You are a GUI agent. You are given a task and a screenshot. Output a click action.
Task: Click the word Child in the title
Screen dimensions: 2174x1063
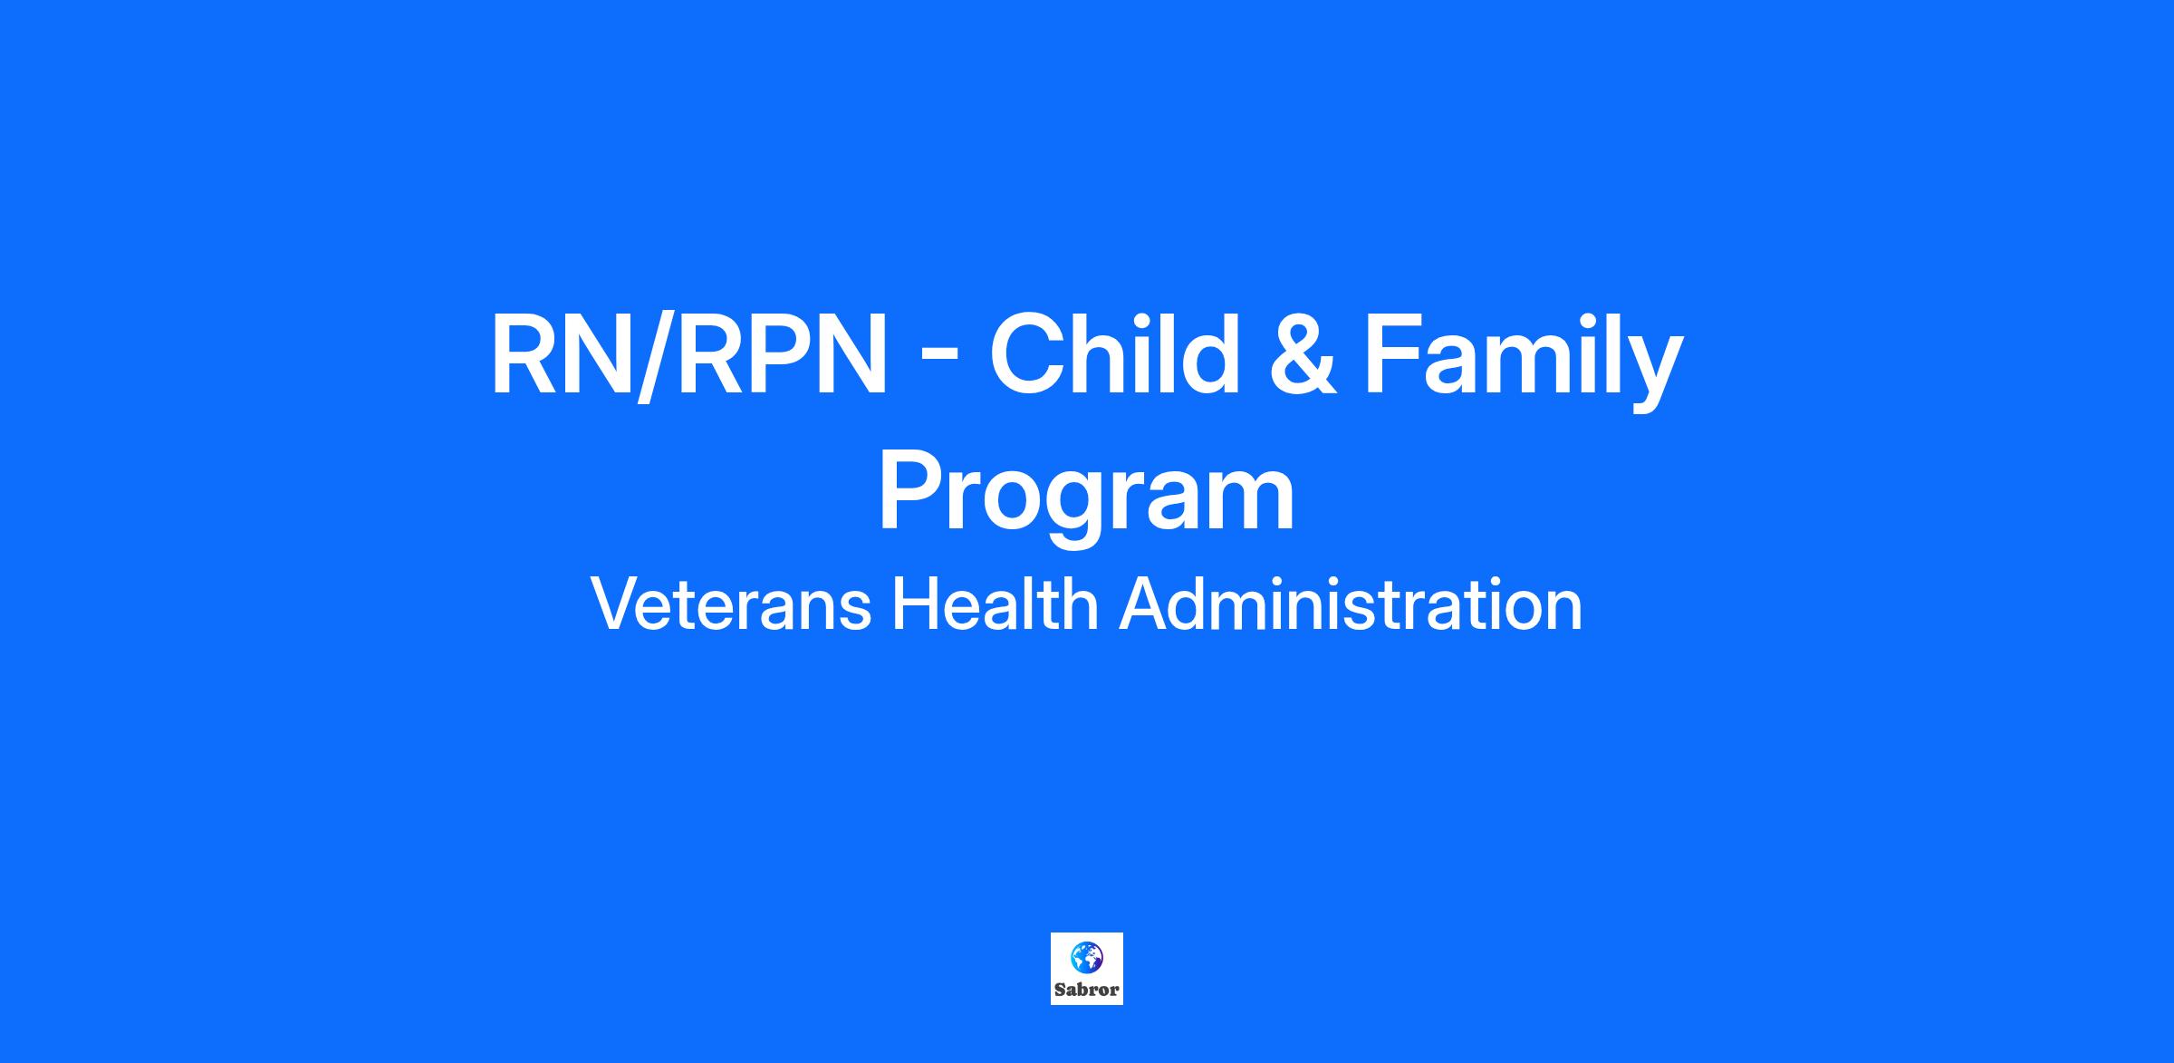coord(1114,353)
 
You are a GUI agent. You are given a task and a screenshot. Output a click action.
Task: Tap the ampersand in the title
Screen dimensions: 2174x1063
coord(1302,354)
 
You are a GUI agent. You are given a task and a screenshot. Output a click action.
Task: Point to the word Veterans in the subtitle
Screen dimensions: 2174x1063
coord(730,604)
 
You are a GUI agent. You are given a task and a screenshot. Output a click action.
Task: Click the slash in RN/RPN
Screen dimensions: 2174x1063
coord(656,354)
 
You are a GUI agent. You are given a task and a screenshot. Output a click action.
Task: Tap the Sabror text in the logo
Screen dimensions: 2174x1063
coord(1086,990)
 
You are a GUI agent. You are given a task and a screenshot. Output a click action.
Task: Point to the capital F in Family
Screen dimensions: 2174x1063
coord(1393,354)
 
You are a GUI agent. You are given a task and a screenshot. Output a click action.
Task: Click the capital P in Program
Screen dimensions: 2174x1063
coord(911,491)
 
